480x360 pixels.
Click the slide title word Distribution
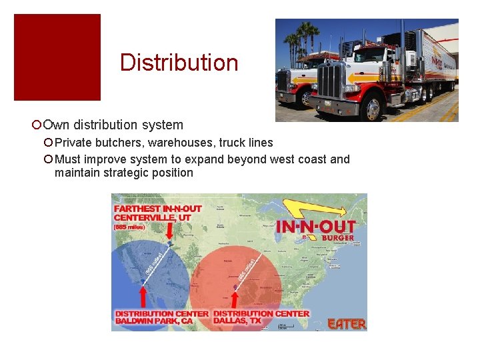coord(179,63)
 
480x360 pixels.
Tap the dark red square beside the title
coord(57,57)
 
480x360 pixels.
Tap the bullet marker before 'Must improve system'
coord(48,159)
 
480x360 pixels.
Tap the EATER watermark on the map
coord(347,324)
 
